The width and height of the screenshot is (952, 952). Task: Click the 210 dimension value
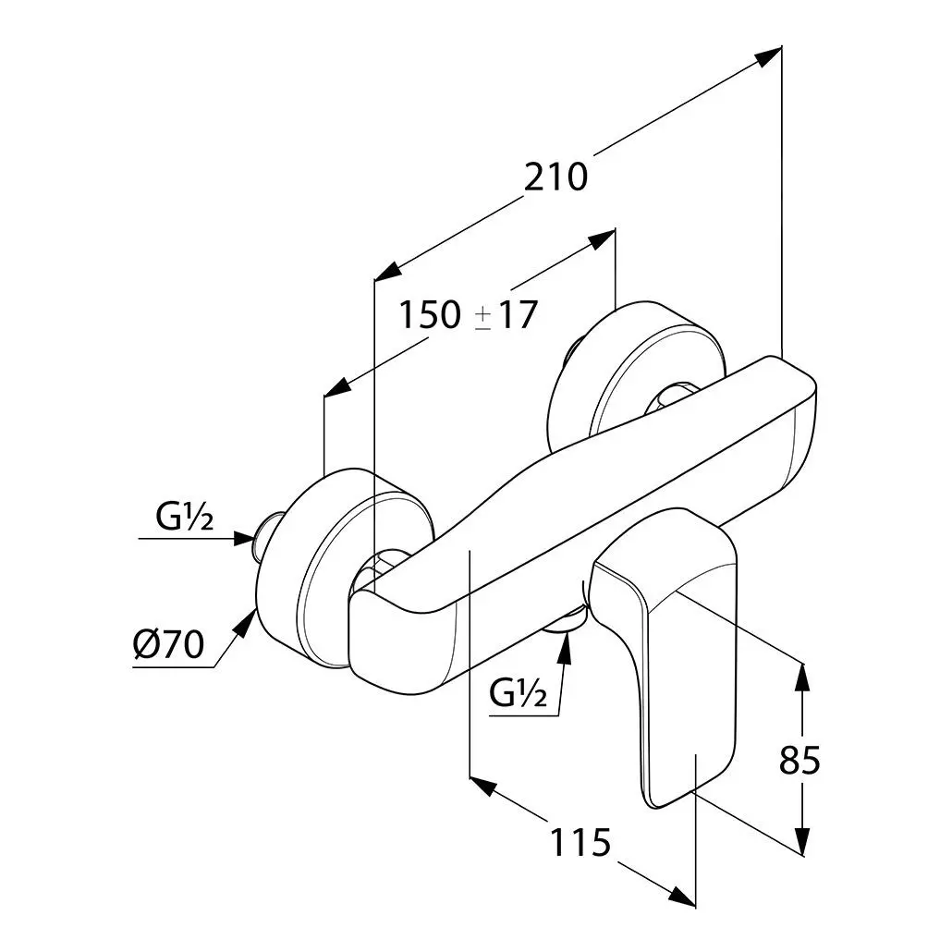point(555,177)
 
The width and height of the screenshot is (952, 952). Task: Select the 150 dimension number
point(429,316)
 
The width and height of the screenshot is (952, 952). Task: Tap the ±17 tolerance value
point(507,316)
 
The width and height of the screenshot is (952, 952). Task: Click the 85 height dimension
point(799,761)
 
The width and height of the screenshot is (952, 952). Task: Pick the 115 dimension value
point(581,842)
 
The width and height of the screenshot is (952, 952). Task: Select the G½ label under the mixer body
point(519,692)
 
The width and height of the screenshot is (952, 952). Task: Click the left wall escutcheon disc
point(305,573)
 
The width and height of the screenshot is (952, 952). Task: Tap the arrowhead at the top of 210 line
point(767,56)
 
